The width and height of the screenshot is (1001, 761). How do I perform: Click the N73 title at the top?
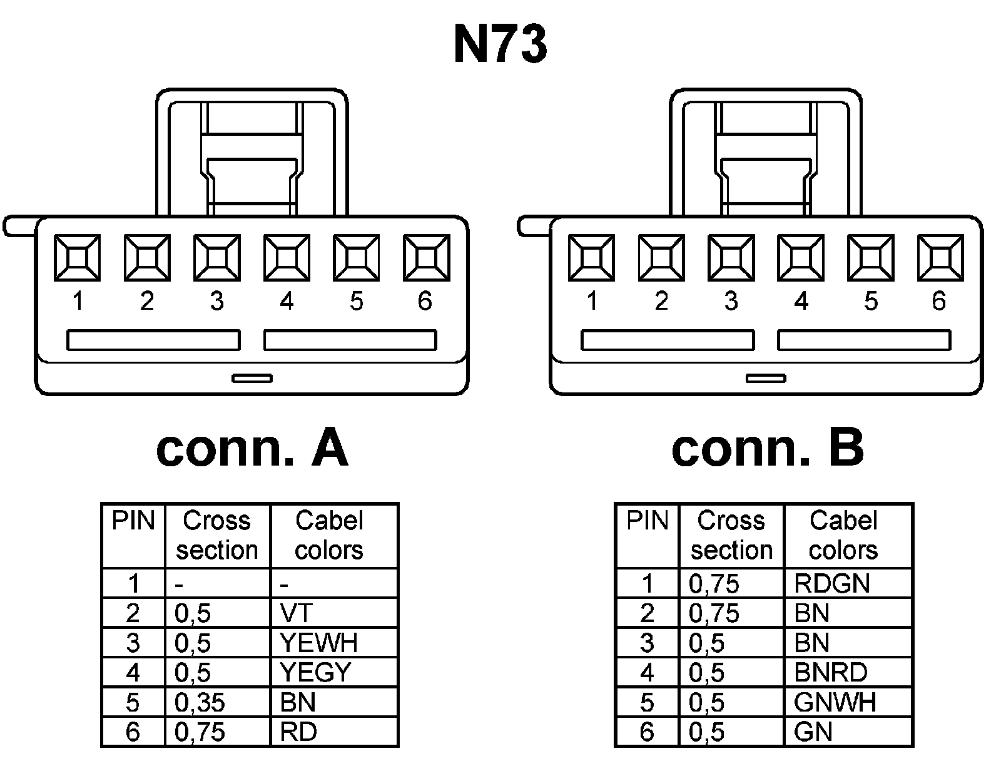pos(500,45)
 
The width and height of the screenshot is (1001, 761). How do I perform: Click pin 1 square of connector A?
pos(77,257)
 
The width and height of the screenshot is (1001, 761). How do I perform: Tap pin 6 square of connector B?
pos(940,257)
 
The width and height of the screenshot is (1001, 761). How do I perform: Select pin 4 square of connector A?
pos(287,257)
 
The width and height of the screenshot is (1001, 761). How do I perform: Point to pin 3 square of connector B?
pos(731,257)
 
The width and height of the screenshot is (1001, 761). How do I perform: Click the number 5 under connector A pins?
pos(356,302)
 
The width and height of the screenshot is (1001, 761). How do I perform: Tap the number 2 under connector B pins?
pos(661,302)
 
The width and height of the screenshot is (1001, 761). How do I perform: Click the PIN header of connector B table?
pos(648,521)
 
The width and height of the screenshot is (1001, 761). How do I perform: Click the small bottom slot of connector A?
pos(252,378)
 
